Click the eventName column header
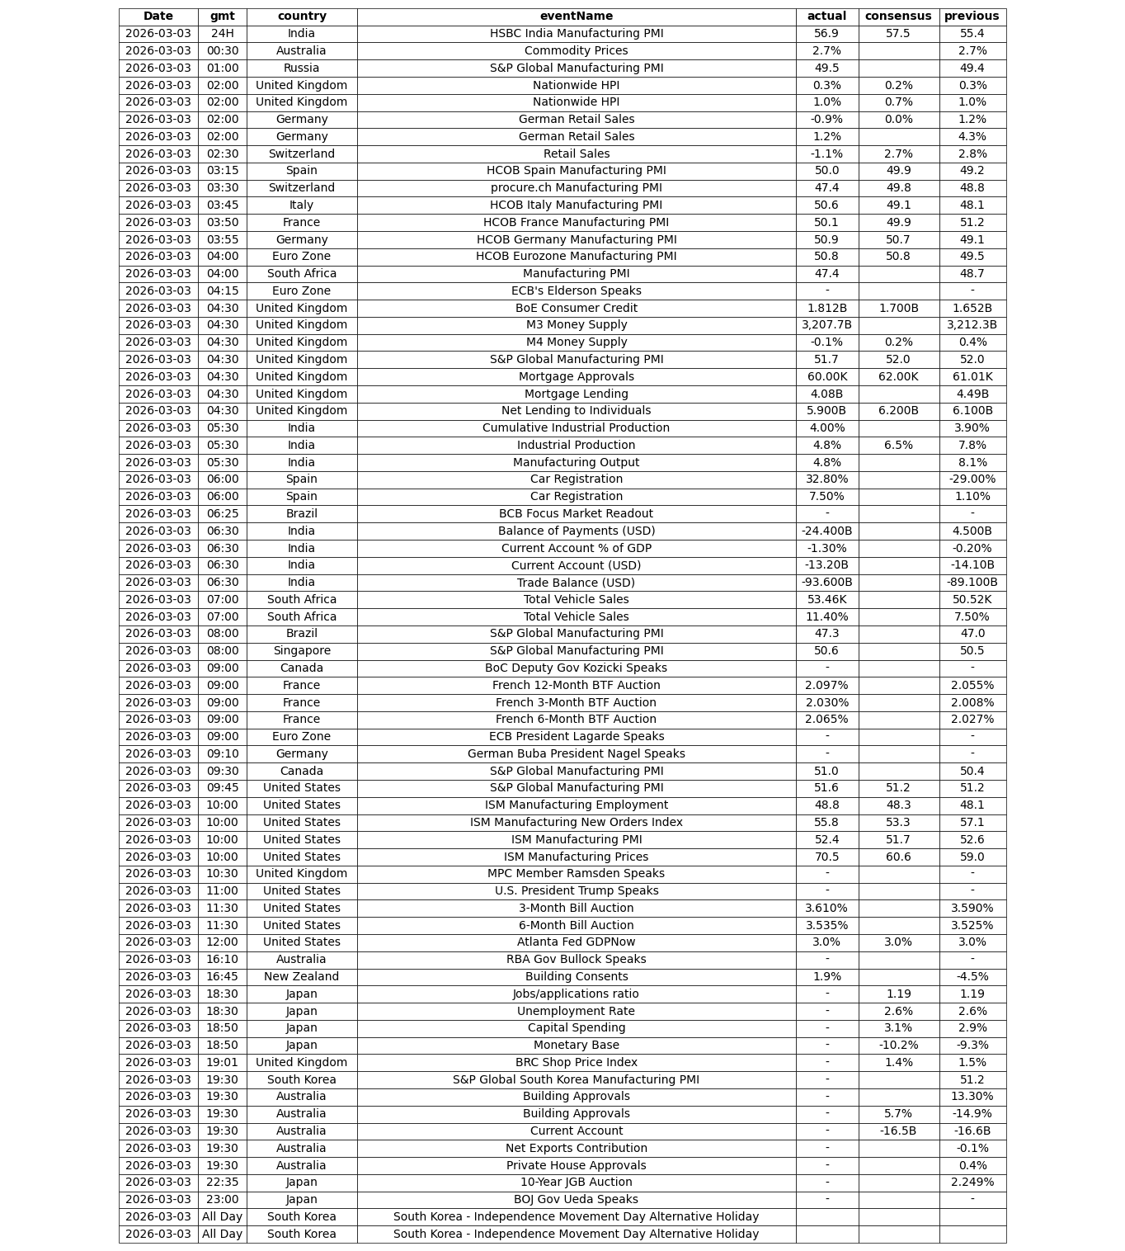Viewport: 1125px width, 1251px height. click(x=576, y=17)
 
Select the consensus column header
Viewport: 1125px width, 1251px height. click(x=898, y=17)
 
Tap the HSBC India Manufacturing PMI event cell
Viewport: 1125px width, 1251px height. click(x=576, y=34)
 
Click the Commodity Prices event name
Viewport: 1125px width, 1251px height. click(x=576, y=51)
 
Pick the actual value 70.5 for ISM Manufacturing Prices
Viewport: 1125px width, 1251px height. click(x=826, y=857)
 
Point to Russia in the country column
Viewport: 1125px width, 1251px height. click(x=301, y=68)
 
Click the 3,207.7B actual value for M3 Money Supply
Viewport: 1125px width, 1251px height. click(x=826, y=325)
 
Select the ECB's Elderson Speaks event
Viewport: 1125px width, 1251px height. click(x=576, y=290)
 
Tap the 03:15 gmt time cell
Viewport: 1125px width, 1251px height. click(x=222, y=171)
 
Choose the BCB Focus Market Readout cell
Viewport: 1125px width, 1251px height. click(x=576, y=513)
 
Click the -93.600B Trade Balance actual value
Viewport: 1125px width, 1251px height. click(x=826, y=583)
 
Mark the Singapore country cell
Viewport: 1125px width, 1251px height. click(x=301, y=651)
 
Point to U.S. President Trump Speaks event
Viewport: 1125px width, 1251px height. click(x=576, y=890)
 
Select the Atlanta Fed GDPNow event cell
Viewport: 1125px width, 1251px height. click(x=576, y=942)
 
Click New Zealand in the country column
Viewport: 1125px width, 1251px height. click(x=301, y=976)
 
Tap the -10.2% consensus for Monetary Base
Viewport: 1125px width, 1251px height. click(x=898, y=1045)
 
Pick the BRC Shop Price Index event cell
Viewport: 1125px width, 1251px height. click(x=576, y=1062)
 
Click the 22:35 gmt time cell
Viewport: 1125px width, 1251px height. click(x=222, y=1182)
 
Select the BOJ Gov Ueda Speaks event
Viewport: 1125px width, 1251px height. click(x=576, y=1199)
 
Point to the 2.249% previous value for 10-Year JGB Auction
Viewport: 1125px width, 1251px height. click(x=972, y=1182)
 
